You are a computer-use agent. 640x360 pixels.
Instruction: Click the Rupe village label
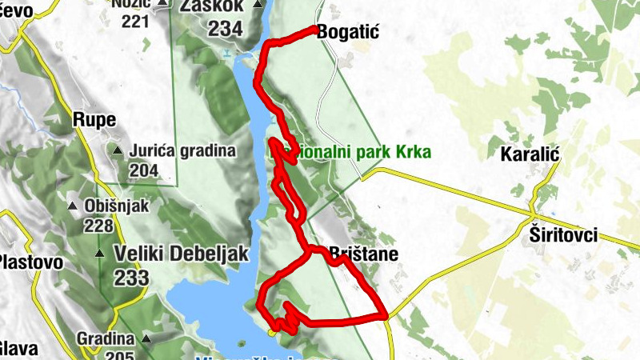94,121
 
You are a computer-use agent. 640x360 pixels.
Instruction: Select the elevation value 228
98,226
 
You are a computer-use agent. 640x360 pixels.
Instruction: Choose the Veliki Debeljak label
182,254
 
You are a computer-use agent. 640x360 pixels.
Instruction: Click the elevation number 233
131,278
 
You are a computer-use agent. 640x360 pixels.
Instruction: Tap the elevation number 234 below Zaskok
226,29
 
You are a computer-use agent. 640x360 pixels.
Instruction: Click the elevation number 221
136,20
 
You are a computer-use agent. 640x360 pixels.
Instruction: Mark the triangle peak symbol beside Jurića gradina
118,150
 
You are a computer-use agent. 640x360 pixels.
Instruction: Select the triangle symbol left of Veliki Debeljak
100,254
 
